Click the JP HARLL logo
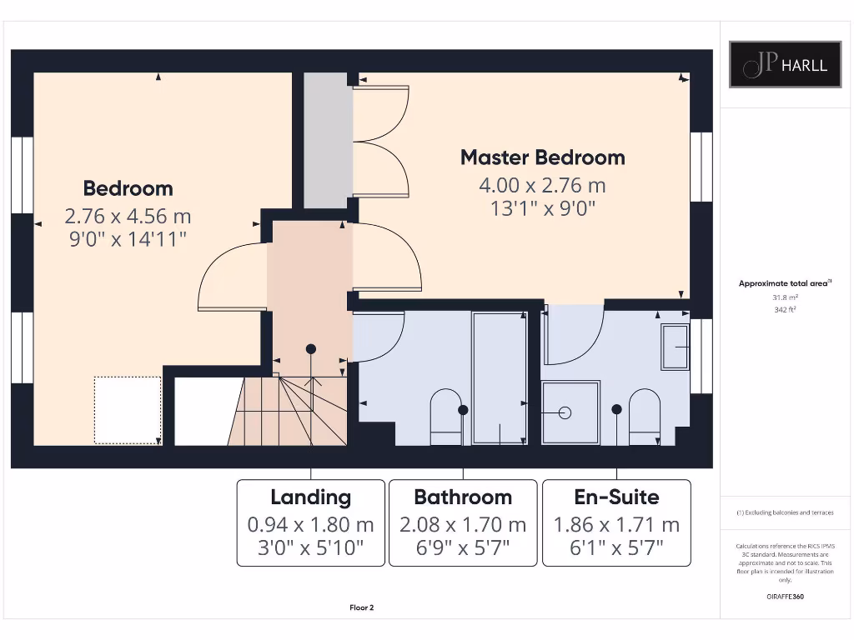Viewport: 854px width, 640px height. point(785,64)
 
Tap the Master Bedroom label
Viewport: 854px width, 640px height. point(542,157)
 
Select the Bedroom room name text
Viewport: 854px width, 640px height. point(128,188)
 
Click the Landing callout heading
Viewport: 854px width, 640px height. point(310,497)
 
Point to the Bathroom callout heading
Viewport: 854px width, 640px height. point(463,497)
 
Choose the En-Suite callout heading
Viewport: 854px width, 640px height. point(616,497)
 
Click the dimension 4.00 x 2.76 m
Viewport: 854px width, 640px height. point(542,185)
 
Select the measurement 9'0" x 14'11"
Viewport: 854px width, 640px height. point(128,239)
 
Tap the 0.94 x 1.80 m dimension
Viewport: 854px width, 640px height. point(310,525)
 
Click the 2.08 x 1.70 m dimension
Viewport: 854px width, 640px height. point(463,525)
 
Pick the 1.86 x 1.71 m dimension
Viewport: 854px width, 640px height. point(616,525)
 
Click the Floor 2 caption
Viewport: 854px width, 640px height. point(361,607)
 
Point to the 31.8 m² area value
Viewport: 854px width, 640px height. point(785,297)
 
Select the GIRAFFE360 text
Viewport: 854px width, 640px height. point(785,597)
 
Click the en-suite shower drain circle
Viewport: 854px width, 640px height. point(565,412)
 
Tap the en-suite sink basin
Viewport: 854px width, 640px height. point(675,347)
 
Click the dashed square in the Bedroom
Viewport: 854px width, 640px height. point(127,409)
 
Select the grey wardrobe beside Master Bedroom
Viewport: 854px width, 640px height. point(325,140)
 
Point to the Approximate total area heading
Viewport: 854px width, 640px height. point(784,283)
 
